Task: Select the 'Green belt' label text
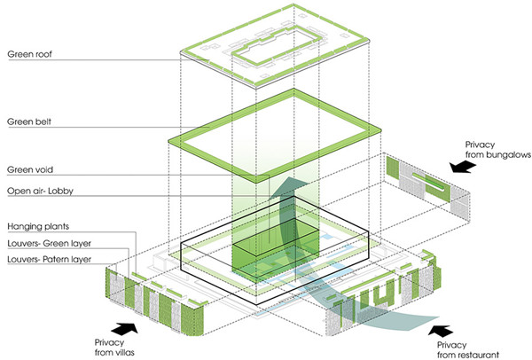30,122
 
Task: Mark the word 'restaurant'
466,353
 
